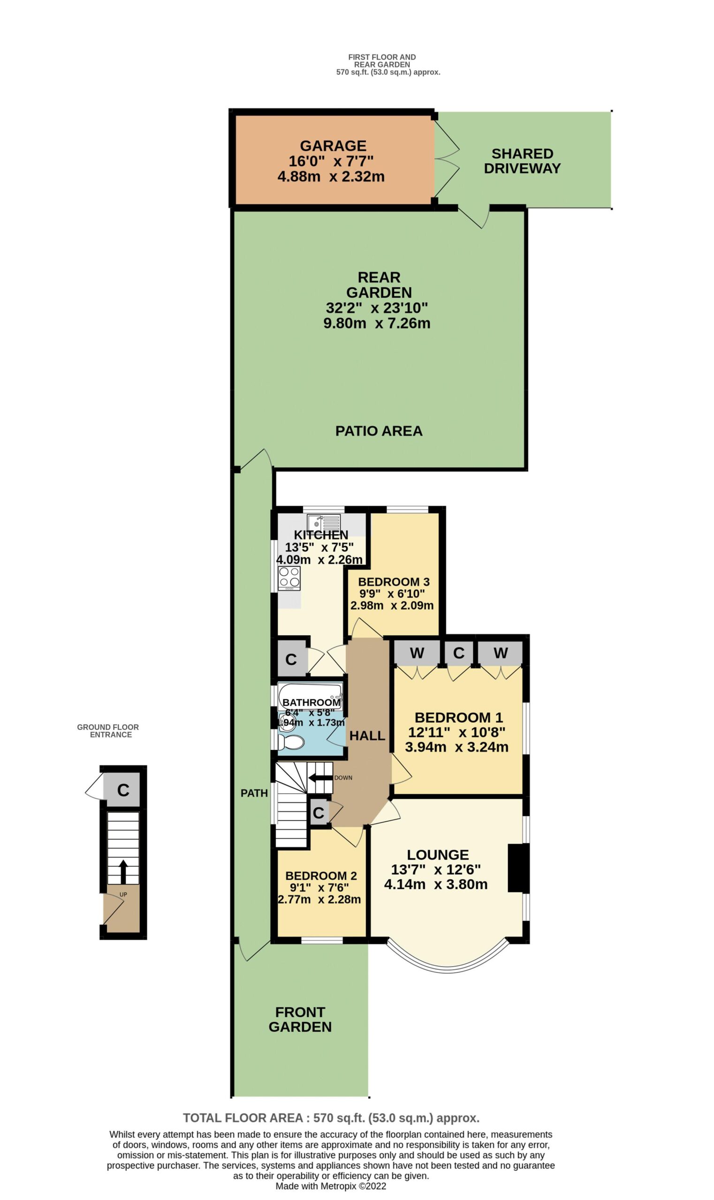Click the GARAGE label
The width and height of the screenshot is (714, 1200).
(333, 146)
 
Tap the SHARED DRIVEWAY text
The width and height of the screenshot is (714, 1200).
(522, 161)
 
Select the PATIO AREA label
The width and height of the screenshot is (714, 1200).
(379, 431)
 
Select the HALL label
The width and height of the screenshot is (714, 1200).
(367, 735)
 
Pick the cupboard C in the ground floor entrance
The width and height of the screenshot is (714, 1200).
(123, 790)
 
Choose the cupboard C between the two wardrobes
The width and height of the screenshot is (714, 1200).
(458, 652)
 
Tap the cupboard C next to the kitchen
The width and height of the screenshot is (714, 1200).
(291, 659)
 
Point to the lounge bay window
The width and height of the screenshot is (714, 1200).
(448, 968)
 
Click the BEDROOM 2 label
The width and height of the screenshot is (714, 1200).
(321, 876)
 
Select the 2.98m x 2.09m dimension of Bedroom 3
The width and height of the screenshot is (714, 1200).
(392, 605)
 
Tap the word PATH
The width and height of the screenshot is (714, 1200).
(254, 793)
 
